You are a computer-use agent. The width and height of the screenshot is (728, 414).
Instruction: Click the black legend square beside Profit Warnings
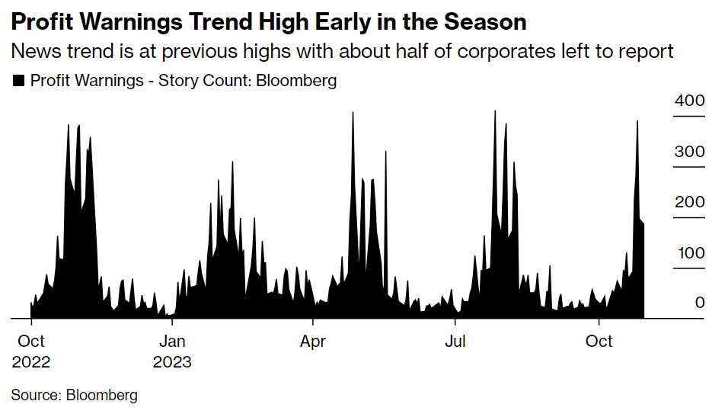(19, 80)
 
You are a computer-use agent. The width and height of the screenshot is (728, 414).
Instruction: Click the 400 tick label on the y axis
(689, 101)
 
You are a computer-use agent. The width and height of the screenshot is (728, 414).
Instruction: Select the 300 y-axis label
(689, 152)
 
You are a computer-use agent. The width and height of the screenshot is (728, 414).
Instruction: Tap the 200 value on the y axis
(689, 202)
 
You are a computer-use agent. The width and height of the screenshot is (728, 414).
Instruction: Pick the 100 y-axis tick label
(689, 252)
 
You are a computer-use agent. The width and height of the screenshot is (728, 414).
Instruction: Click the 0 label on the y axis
(699, 303)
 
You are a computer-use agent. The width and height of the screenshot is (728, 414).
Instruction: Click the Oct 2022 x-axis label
(31, 351)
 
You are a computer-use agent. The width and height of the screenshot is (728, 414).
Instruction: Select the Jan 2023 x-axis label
(172, 351)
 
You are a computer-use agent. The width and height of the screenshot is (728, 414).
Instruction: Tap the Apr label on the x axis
(313, 341)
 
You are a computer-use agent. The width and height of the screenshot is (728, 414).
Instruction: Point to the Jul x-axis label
(455, 341)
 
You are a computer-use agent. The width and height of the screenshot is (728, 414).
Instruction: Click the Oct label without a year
(599, 341)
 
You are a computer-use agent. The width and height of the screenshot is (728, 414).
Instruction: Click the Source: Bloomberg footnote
(74, 395)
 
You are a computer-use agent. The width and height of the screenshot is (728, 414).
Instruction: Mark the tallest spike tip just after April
(353, 113)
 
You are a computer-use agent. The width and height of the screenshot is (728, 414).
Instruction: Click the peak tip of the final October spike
(637, 121)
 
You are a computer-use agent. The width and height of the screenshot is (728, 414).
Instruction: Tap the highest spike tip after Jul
(495, 111)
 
